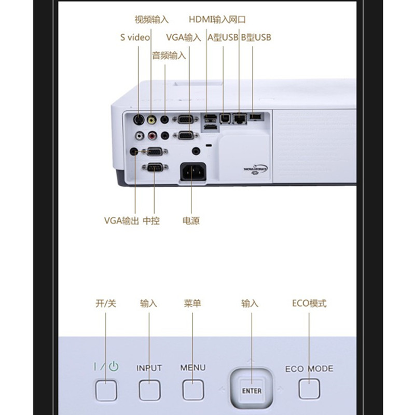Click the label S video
coord(135,37)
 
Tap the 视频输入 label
coord(151,20)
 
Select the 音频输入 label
coord(169,56)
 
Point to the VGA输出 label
coord(121,220)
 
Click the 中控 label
coord(151,221)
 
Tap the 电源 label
coord(191,221)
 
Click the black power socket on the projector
coord(193,172)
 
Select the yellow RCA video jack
coord(151,120)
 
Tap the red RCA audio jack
coord(152,136)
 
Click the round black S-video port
coord(139,120)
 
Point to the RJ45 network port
coord(240,118)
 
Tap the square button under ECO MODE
coord(309,389)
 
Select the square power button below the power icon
coord(106,391)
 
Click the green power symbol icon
coord(114,367)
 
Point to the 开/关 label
coord(106,303)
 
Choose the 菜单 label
coord(192,303)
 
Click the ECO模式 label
coord(309,303)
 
